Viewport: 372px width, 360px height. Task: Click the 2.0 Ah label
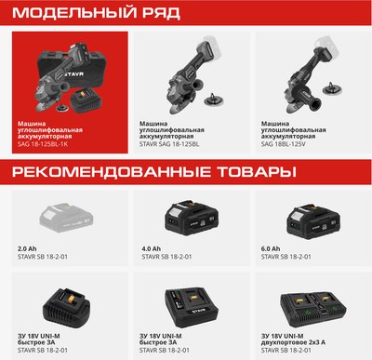(x=28, y=249)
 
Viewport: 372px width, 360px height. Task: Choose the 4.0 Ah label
(x=149, y=249)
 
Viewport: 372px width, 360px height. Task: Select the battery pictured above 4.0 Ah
(x=185, y=220)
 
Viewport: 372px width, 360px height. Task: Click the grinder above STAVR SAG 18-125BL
(x=181, y=70)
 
